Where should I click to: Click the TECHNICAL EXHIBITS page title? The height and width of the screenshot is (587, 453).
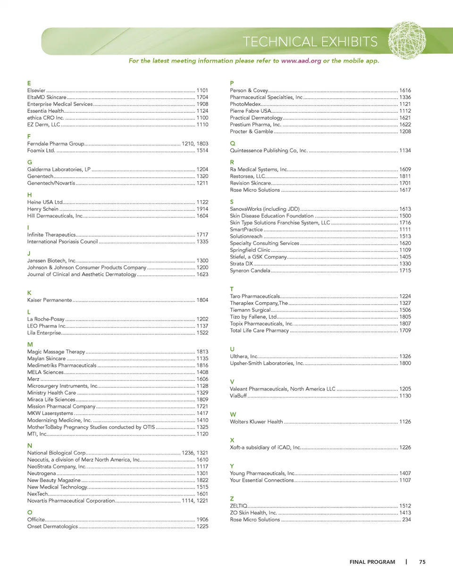310,42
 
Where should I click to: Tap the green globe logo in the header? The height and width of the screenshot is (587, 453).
407,40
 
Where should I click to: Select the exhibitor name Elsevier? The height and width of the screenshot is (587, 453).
36,91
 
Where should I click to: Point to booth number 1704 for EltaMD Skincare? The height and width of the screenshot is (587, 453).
202,97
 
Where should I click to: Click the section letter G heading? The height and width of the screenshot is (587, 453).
30,162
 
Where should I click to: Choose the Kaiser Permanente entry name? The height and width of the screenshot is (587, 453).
50,300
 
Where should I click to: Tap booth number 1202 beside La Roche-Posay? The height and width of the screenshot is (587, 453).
202,319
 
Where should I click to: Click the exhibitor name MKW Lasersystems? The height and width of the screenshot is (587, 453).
50,413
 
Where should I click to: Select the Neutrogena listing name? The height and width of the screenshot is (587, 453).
42,473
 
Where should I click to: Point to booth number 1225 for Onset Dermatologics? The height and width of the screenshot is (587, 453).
202,527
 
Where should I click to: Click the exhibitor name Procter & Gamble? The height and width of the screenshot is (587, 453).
252,132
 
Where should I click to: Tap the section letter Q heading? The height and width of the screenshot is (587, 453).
233,143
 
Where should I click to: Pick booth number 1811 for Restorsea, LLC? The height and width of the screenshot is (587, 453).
405,176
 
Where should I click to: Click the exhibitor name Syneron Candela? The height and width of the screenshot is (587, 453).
250,271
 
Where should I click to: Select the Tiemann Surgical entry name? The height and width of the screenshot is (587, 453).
250,310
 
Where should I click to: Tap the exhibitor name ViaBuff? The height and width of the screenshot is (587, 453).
238,396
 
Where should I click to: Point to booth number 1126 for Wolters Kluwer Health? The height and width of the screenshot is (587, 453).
405,422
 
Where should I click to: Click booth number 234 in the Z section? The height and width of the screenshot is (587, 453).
406,520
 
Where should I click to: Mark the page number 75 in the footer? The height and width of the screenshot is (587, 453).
422,562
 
